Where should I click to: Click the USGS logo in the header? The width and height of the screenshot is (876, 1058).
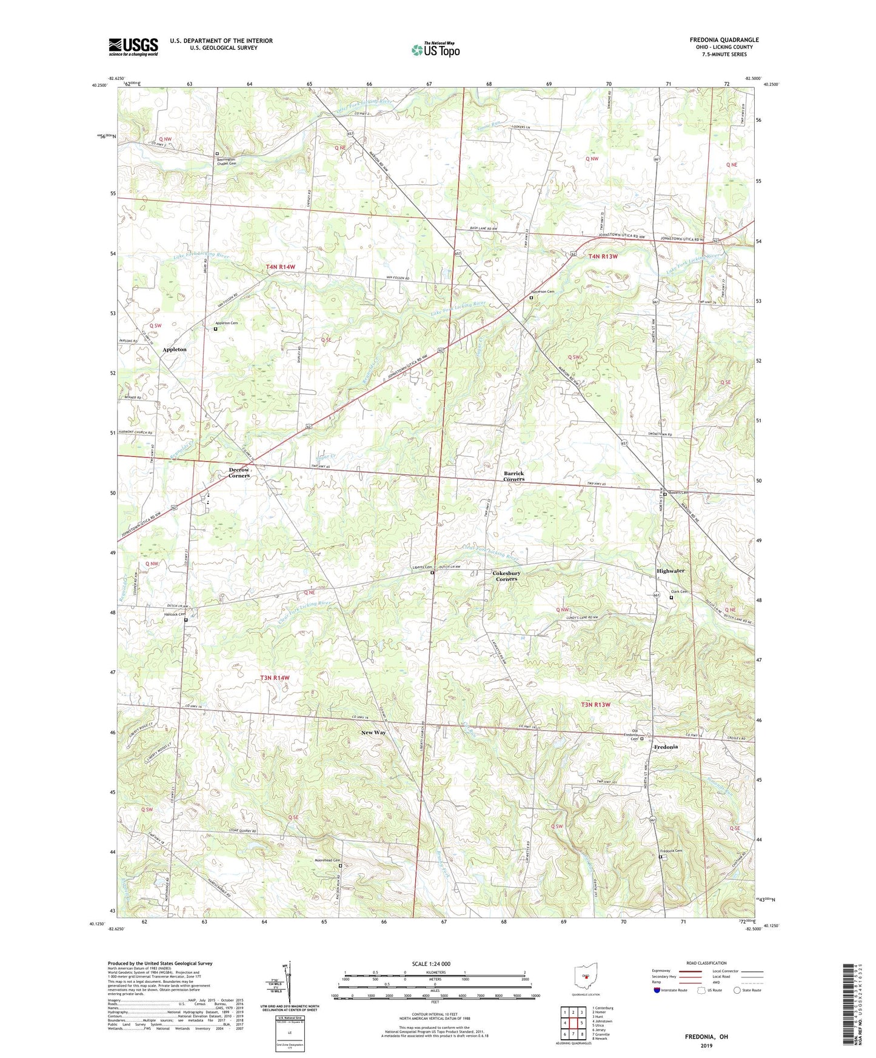pos(133,47)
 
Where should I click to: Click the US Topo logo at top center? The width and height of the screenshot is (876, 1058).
pos(435,49)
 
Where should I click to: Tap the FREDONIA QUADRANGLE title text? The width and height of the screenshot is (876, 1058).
pos(724,40)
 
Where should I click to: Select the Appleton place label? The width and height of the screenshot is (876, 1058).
pos(175,350)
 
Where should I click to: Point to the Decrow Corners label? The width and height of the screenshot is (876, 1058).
pos(239,473)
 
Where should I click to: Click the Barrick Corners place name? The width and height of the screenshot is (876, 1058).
pos(513,476)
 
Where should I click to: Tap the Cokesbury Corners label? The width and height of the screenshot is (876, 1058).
pos(506,576)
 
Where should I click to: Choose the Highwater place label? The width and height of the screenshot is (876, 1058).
pos(670,571)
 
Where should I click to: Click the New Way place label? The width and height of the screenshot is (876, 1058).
pos(373,733)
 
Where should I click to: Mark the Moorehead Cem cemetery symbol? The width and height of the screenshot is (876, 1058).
pos(340,866)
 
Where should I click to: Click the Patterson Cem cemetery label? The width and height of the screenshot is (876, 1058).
pos(543,292)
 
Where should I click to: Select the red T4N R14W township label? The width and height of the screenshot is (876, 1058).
pos(280,267)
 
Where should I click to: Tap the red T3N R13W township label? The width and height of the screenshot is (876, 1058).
pos(595,705)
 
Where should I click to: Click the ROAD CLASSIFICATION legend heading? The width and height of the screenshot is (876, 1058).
pos(706,963)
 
